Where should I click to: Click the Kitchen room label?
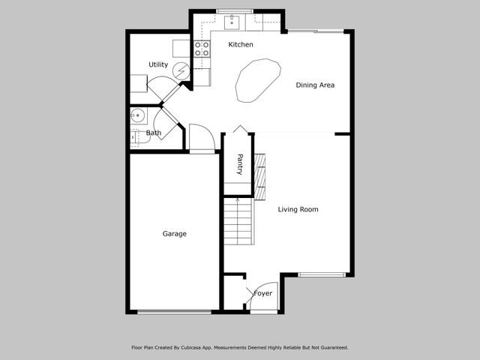pyautogui.click(x=241, y=45)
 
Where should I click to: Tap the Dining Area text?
pyautogui.click(x=315, y=85)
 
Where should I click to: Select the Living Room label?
pyautogui.click(x=298, y=210)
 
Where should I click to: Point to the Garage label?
pyautogui.click(x=175, y=234)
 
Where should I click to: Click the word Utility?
pyautogui.click(x=158, y=65)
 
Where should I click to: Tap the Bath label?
pyautogui.click(x=154, y=133)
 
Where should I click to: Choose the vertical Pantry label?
pyautogui.click(x=240, y=164)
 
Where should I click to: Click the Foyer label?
pyautogui.click(x=263, y=293)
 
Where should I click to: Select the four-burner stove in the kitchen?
pyautogui.click(x=202, y=49)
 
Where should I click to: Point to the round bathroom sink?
pyautogui.click(x=136, y=115)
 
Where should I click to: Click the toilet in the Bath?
pyautogui.click(x=136, y=137)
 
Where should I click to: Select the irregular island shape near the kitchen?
pyautogui.click(x=257, y=80)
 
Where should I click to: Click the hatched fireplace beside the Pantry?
pyautogui.click(x=260, y=178)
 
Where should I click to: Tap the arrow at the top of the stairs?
pyautogui.click(x=238, y=200)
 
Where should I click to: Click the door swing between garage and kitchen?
pyautogui.click(x=201, y=138)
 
